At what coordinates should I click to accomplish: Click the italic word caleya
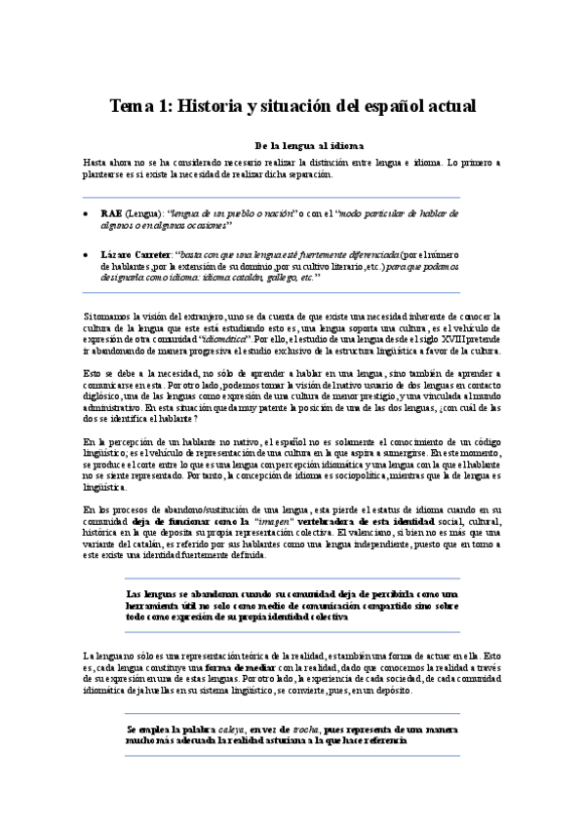[x=231, y=729]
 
